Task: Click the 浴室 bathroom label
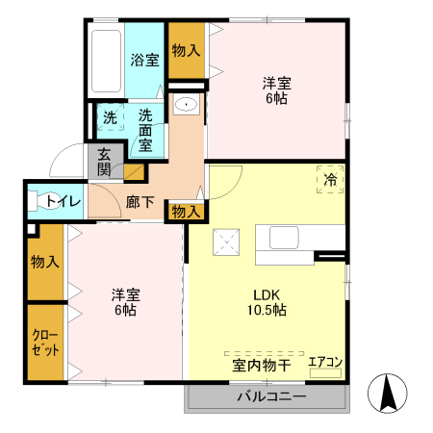click(x=144, y=60)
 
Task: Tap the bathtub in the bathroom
click(x=106, y=61)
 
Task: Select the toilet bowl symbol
click(x=41, y=201)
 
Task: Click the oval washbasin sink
click(x=186, y=104)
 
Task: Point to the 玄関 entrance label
click(x=104, y=162)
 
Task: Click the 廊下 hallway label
click(x=140, y=202)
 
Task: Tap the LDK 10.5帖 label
click(x=267, y=302)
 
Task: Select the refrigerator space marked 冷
click(x=330, y=179)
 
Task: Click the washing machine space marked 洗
click(x=110, y=117)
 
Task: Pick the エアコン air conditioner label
click(x=325, y=362)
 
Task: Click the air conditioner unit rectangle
click(x=325, y=373)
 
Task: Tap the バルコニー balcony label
click(x=271, y=396)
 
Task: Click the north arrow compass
click(x=388, y=394)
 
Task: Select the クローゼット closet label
click(x=45, y=343)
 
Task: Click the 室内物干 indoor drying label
click(x=262, y=366)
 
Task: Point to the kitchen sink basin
click(x=284, y=238)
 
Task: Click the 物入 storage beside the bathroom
click(x=187, y=50)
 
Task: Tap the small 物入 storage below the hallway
click(x=186, y=212)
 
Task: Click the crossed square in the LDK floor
click(x=226, y=242)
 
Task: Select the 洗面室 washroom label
click(x=145, y=130)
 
